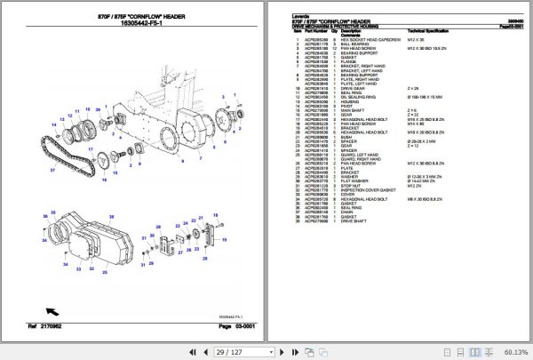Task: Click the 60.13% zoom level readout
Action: [x=514, y=352]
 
